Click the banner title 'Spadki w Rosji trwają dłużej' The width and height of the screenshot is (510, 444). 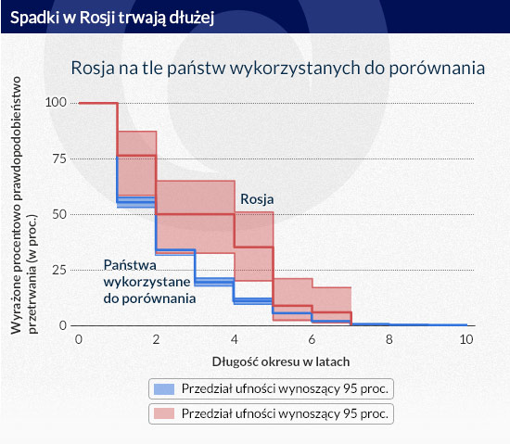[112, 18]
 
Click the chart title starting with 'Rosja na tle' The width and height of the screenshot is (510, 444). [278, 69]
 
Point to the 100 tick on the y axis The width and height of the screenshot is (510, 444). [56, 102]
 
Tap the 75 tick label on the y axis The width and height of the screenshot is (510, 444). [59, 159]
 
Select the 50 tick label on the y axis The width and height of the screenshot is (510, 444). [59, 214]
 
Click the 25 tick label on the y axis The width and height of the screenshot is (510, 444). [59, 270]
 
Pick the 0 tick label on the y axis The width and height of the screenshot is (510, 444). [63, 325]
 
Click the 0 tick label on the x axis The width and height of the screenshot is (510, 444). [79, 339]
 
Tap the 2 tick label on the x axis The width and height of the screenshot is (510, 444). [156, 339]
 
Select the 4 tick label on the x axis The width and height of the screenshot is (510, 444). [235, 339]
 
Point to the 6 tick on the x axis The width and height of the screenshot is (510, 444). [312, 339]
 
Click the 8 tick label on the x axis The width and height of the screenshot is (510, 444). [389, 339]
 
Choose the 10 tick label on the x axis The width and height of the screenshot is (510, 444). [466, 339]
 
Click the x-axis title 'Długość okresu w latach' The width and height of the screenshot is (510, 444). [281, 362]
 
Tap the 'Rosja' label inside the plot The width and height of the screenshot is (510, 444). [257, 199]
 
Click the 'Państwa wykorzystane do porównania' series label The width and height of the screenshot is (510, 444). [149, 282]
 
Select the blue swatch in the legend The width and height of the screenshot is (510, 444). [164, 389]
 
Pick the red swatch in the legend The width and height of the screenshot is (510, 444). [164, 413]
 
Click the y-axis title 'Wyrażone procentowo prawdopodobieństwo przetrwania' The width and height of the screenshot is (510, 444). [23, 206]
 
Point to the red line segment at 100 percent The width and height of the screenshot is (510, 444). [98, 104]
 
